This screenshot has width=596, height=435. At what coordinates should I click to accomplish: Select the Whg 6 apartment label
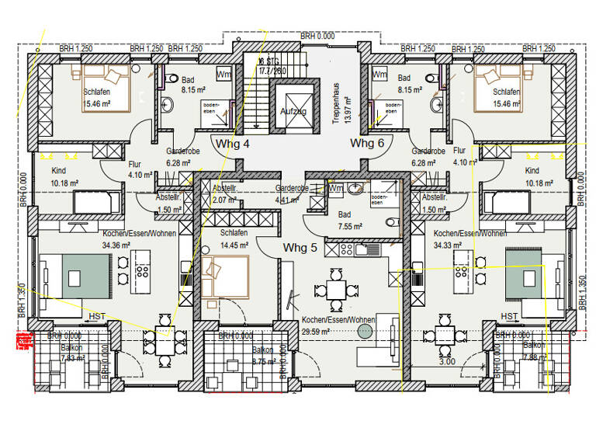367,144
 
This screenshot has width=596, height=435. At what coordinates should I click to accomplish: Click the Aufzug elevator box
293,112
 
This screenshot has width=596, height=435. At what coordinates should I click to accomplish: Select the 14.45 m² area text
233,245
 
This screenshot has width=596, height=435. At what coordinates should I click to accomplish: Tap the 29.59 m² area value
317,330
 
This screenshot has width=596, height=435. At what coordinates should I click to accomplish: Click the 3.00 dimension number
447,361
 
